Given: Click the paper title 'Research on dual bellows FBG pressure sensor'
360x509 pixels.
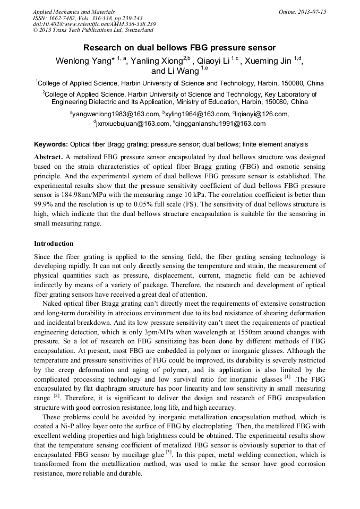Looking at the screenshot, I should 179,47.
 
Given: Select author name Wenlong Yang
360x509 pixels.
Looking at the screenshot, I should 82,61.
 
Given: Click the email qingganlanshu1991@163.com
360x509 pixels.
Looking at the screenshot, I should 219,124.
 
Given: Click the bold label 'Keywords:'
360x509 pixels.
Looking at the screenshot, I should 51,144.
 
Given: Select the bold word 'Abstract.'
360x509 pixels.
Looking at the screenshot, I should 48,158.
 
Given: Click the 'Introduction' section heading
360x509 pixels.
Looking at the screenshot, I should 54,244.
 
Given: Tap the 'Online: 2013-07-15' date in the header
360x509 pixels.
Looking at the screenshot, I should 302,12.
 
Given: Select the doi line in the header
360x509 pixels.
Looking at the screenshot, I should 94,24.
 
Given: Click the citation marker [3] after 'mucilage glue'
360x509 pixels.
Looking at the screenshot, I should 168,452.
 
